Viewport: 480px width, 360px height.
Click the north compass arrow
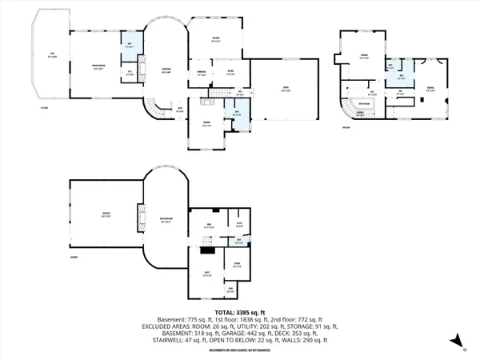point(454,342)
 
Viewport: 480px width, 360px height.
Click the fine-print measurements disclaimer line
point(240,350)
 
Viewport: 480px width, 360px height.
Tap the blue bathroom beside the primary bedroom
point(130,47)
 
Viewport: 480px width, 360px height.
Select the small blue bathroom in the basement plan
point(238,241)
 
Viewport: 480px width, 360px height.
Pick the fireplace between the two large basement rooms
point(142,217)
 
